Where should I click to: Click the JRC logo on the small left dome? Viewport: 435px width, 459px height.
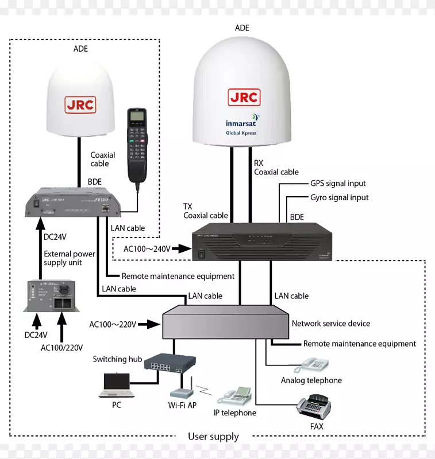coord(80,106)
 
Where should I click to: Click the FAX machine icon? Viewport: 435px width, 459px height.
coord(314,408)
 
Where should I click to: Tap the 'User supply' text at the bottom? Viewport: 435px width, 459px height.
coord(213,437)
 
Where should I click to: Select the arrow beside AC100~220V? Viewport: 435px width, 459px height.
coord(149,324)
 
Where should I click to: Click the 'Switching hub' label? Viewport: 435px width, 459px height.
coord(117,359)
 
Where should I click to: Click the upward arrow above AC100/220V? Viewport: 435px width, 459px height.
coord(61,326)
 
